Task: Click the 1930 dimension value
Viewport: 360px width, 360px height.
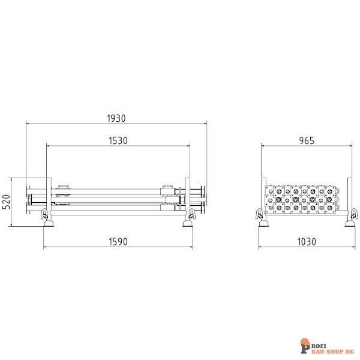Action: click(x=116, y=118)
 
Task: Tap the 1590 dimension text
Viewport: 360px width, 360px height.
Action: click(x=118, y=242)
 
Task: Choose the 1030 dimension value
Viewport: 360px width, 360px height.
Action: click(x=307, y=242)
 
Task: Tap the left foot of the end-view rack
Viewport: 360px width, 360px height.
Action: click(x=263, y=224)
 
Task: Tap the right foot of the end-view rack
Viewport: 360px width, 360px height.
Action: click(x=349, y=224)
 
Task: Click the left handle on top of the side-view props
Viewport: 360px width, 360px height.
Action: click(x=64, y=187)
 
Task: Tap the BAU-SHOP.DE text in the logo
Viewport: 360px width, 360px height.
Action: click(x=332, y=348)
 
